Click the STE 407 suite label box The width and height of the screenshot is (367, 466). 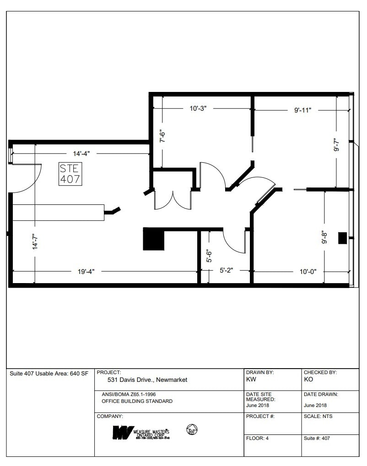point(70,174)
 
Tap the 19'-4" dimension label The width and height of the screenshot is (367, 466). point(86,271)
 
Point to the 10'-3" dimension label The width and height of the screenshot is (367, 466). point(199,109)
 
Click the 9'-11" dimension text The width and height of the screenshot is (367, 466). point(302,110)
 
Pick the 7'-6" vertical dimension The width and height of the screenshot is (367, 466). point(162,137)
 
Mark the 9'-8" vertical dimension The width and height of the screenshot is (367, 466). point(324,237)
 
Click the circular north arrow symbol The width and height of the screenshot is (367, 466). point(192,430)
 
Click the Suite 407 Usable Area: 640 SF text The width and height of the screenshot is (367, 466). point(49,374)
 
